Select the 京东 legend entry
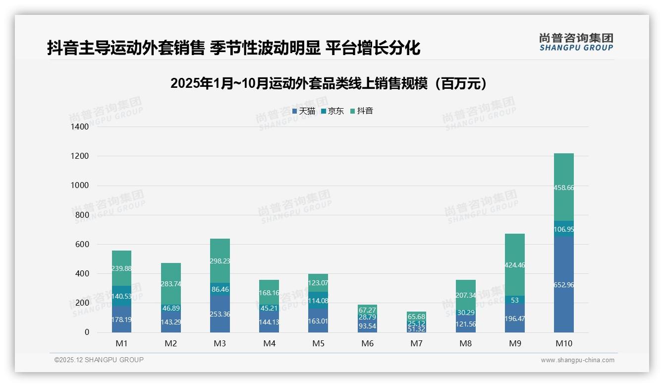pos(332,111)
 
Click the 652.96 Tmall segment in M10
pos(563,285)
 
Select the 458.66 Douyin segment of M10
pos(563,188)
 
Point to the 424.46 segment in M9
pos(515,265)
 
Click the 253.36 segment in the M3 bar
pos(220,314)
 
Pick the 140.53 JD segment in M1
pos(121,296)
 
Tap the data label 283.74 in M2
pos(170,284)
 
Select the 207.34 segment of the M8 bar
pos(465,296)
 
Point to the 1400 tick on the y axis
pos(80,127)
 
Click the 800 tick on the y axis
pos(82,215)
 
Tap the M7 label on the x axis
pos(416,343)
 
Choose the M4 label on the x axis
pos(269,343)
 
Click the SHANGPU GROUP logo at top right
pos(576,42)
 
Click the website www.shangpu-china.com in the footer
pos(577,360)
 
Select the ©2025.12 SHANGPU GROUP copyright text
pos(99,360)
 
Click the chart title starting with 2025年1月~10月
pos(331,84)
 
